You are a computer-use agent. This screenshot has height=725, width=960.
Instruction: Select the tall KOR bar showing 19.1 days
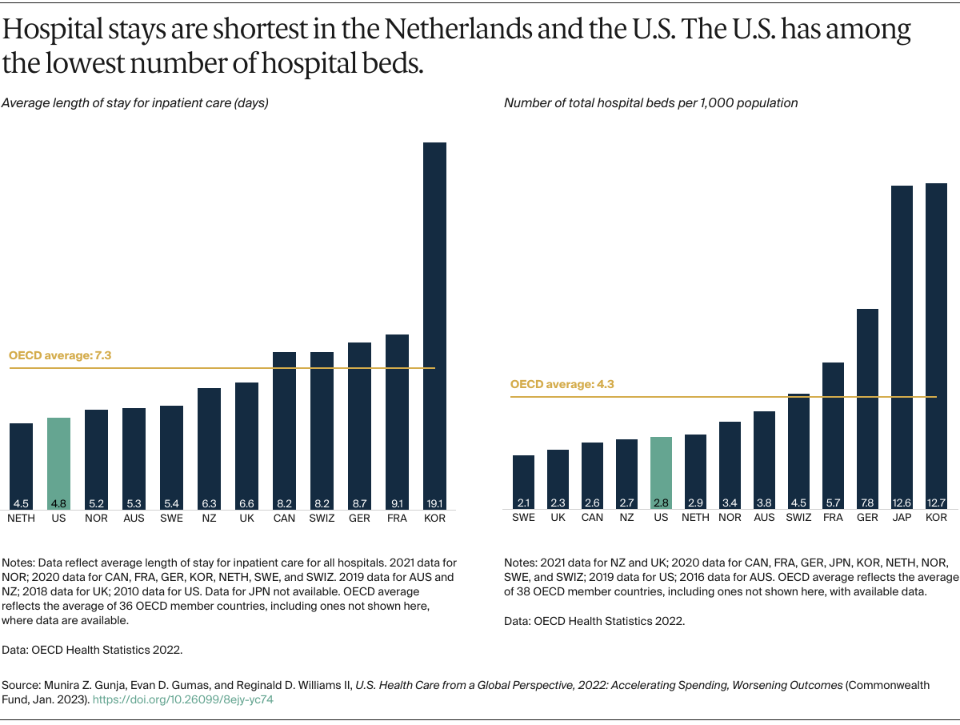click(434, 320)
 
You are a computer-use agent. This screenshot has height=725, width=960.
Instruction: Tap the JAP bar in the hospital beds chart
click(902, 344)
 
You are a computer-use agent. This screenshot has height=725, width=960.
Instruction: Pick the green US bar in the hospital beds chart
click(661, 472)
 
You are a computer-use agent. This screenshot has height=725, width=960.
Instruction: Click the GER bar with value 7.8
click(867, 408)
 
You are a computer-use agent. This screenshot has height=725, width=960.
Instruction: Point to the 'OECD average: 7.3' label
click(58, 354)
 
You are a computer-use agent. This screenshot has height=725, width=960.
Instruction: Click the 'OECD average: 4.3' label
click(562, 384)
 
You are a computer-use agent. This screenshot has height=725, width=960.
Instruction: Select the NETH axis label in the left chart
click(21, 518)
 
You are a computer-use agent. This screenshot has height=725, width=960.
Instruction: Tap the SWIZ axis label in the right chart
click(798, 518)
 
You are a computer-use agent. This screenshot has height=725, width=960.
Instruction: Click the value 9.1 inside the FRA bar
click(397, 503)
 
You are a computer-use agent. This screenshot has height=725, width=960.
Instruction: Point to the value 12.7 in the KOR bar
click(936, 503)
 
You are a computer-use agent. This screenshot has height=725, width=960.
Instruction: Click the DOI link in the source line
click(183, 699)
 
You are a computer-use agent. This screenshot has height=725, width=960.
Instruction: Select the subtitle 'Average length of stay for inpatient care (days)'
click(134, 102)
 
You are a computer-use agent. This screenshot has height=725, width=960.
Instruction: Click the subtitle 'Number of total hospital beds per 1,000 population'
click(650, 102)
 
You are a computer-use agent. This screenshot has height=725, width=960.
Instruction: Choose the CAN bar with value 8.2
click(284, 428)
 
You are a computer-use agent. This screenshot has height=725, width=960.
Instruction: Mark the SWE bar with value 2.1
click(523, 480)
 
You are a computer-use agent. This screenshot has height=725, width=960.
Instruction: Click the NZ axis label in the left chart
click(209, 518)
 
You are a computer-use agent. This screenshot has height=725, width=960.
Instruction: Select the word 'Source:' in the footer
click(22, 686)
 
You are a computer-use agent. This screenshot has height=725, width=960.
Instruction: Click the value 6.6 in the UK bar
click(246, 503)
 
